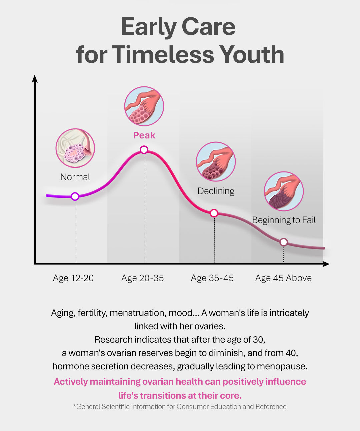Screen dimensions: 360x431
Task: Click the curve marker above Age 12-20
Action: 75,196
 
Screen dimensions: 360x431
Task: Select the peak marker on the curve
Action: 144,150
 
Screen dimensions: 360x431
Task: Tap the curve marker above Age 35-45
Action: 214,213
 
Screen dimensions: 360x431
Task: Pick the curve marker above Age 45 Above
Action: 284,242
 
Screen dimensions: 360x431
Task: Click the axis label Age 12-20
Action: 73,278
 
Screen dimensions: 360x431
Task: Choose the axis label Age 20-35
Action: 143,278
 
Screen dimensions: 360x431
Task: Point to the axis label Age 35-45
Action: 212,278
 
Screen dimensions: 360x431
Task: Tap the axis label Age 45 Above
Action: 283,278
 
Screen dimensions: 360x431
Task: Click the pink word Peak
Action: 144,135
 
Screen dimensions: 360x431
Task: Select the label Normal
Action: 75,177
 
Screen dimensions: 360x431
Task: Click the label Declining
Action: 216,191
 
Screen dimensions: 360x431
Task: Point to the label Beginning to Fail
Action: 284,220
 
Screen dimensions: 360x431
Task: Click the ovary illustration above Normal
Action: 75,148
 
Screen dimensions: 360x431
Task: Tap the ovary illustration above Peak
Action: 144,106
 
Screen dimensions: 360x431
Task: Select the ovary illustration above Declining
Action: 216,161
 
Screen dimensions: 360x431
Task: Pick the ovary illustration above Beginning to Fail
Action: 284,191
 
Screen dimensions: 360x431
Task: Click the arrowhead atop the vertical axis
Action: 35,78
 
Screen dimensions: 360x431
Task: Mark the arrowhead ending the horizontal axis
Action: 326,264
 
